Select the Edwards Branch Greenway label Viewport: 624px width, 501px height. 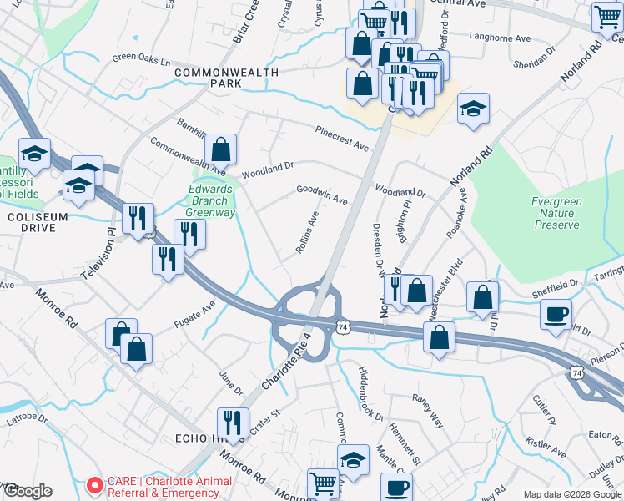(210, 200)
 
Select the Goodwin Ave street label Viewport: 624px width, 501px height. (322, 195)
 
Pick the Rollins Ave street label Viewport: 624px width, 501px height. (306, 233)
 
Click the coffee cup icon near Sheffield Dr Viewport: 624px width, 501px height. (556, 314)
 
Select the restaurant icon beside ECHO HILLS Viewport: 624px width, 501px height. (233, 423)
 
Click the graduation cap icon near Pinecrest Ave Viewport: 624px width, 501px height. (473, 109)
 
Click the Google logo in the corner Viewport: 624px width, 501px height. (28, 491)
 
